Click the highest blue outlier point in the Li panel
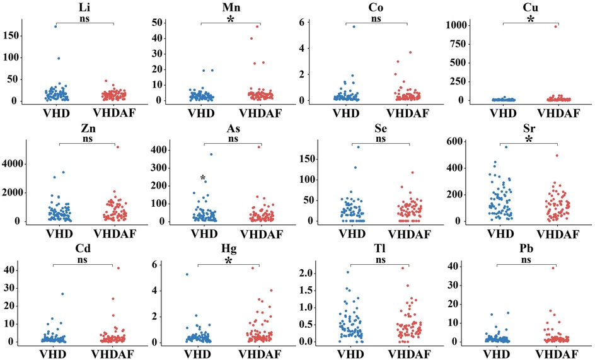click(x=55, y=26)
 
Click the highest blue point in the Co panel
click(x=354, y=26)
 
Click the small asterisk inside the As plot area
click(x=203, y=178)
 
